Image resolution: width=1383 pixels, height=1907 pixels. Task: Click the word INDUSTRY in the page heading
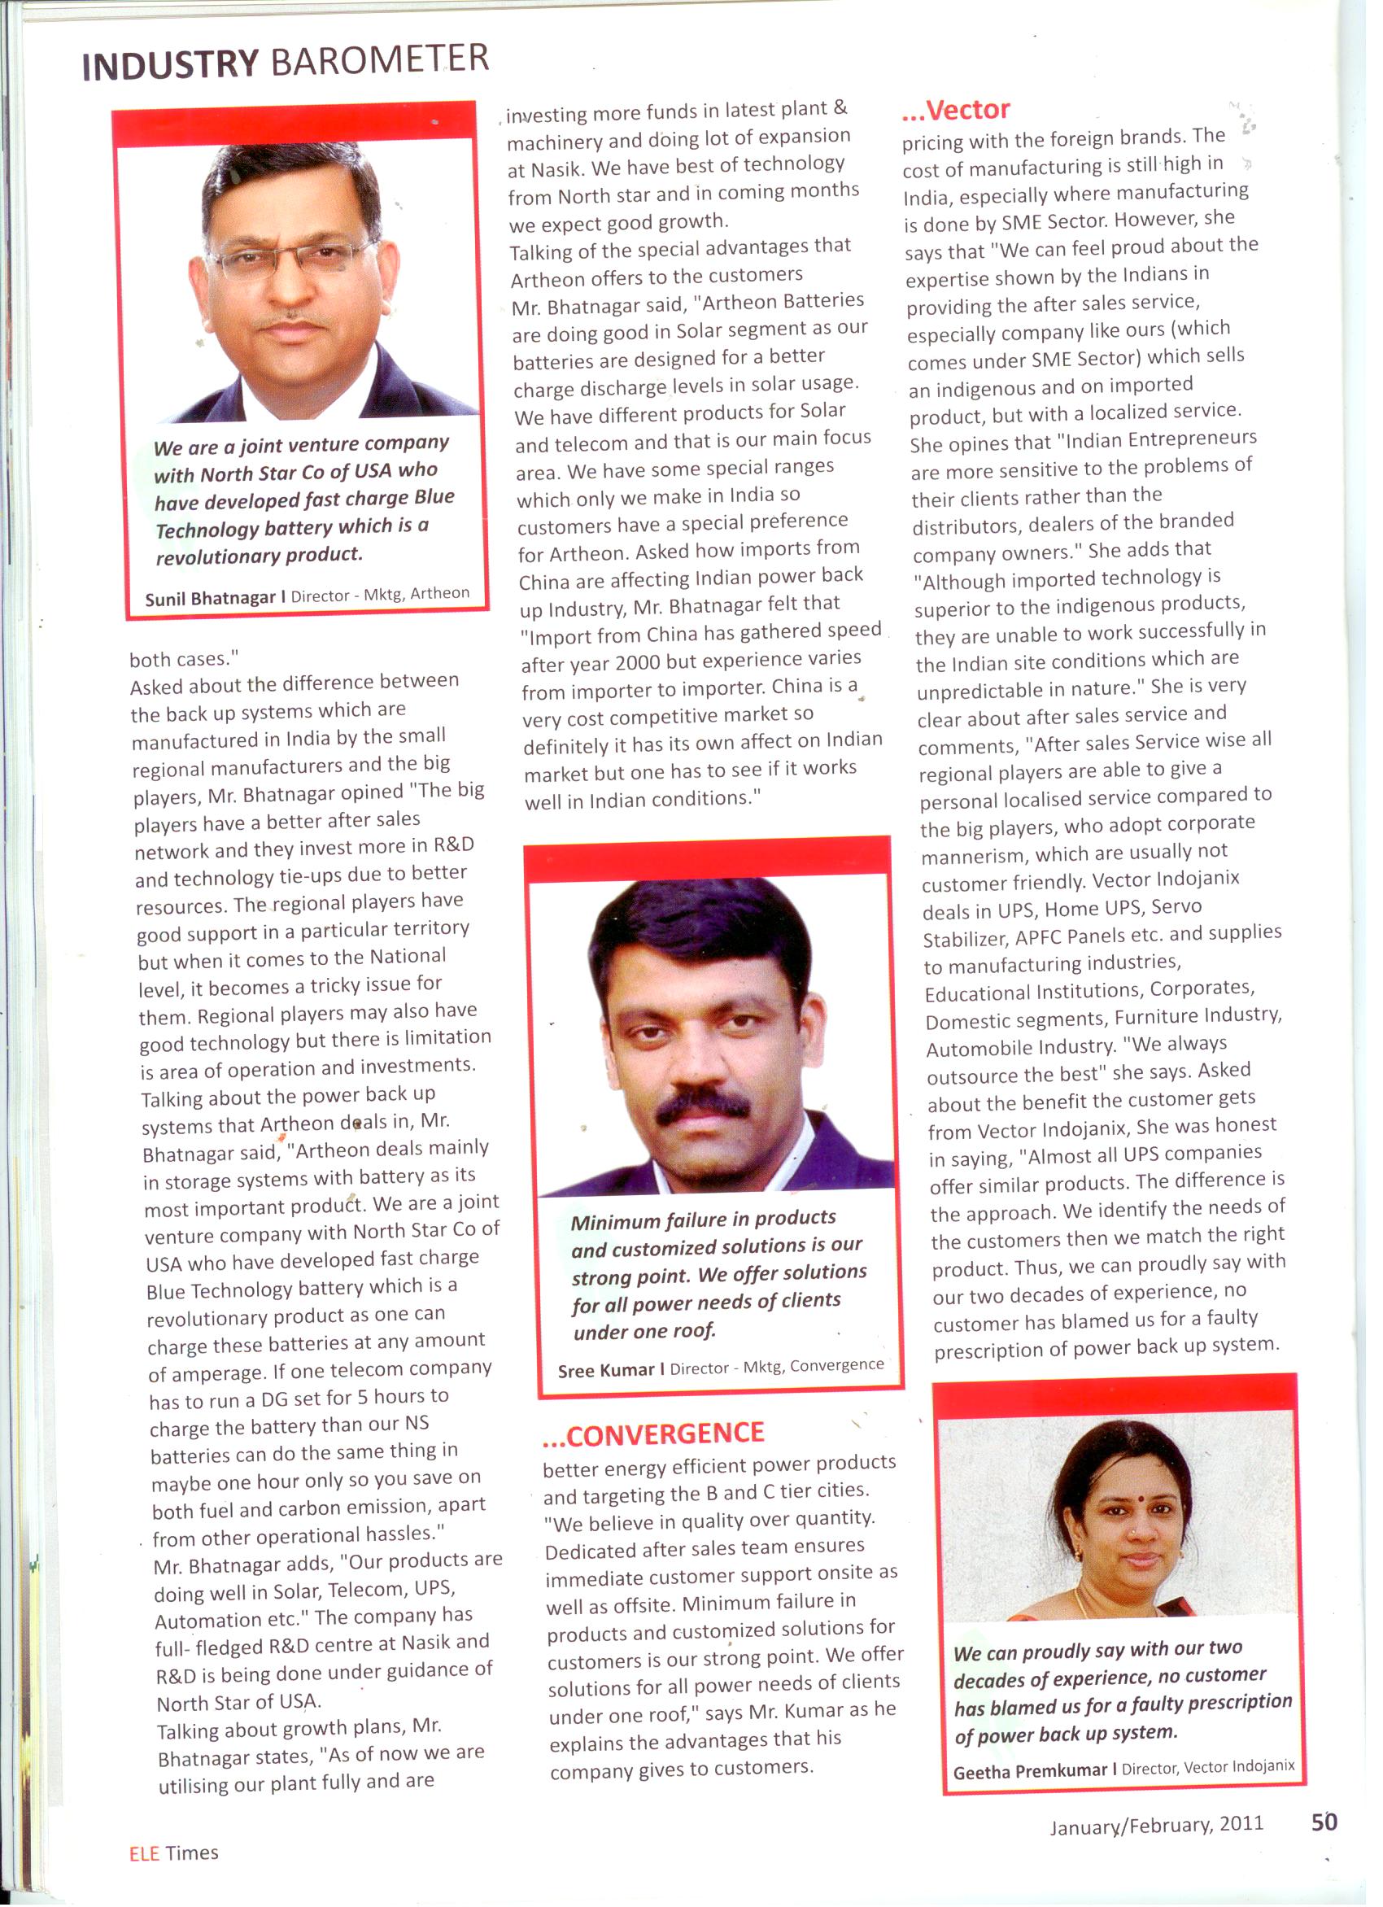[x=171, y=66]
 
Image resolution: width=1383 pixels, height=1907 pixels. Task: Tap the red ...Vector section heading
[x=956, y=109]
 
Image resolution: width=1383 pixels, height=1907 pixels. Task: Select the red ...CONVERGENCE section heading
[x=653, y=1433]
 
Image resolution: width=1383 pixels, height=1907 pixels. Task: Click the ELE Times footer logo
[x=173, y=1853]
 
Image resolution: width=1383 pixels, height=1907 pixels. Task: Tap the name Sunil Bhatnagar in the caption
[x=210, y=598]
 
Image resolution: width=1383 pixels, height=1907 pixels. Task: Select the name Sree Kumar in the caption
[x=605, y=1371]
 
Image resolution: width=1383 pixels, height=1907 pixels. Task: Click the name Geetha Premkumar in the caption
[x=1030, y=1772]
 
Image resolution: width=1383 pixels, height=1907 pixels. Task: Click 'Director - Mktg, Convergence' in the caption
[x=777, y=1366]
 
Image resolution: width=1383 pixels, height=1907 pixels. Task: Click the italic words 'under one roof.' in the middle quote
[x=644, y=1332]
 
